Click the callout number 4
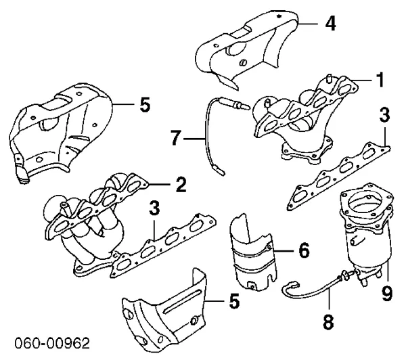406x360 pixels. pos(330,22)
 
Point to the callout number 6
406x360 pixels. pos(303,251)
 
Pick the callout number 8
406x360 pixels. pos(329,321)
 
